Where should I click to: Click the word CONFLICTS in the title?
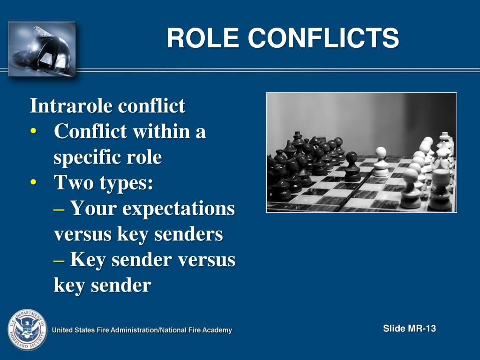pyautogui.click(x=323, y=38)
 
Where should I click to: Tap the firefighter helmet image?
pyautogui.click(x=42, y=49)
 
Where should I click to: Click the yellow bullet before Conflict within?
pyautogui.click(x=33, y=132)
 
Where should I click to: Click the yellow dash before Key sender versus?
pyautogui.click(x=59, y=260)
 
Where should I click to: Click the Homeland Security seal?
pyautogui.click(x=27, y=330)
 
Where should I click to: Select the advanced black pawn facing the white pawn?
pyautogui.click(x=352, y=167)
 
